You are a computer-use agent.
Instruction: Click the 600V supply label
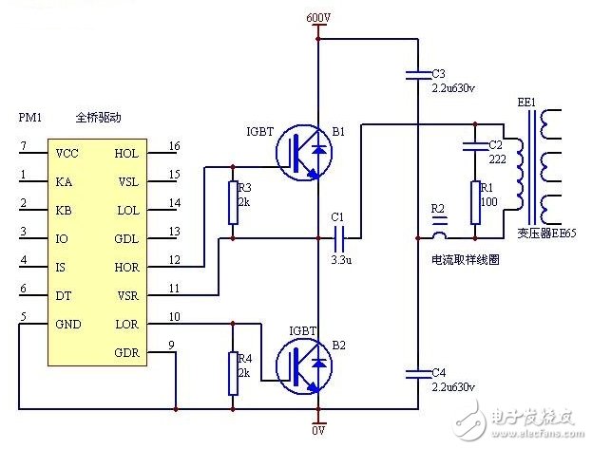point(318,17)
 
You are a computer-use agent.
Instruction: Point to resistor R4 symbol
point(232,372)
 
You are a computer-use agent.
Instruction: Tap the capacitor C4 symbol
point(415,372)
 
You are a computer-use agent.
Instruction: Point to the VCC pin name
point(67,153)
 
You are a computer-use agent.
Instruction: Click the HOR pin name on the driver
point(126,268)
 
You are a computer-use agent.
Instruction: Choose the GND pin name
point(67,325)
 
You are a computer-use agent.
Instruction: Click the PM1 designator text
point(31,118)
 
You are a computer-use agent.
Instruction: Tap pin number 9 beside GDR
point(171,345)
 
